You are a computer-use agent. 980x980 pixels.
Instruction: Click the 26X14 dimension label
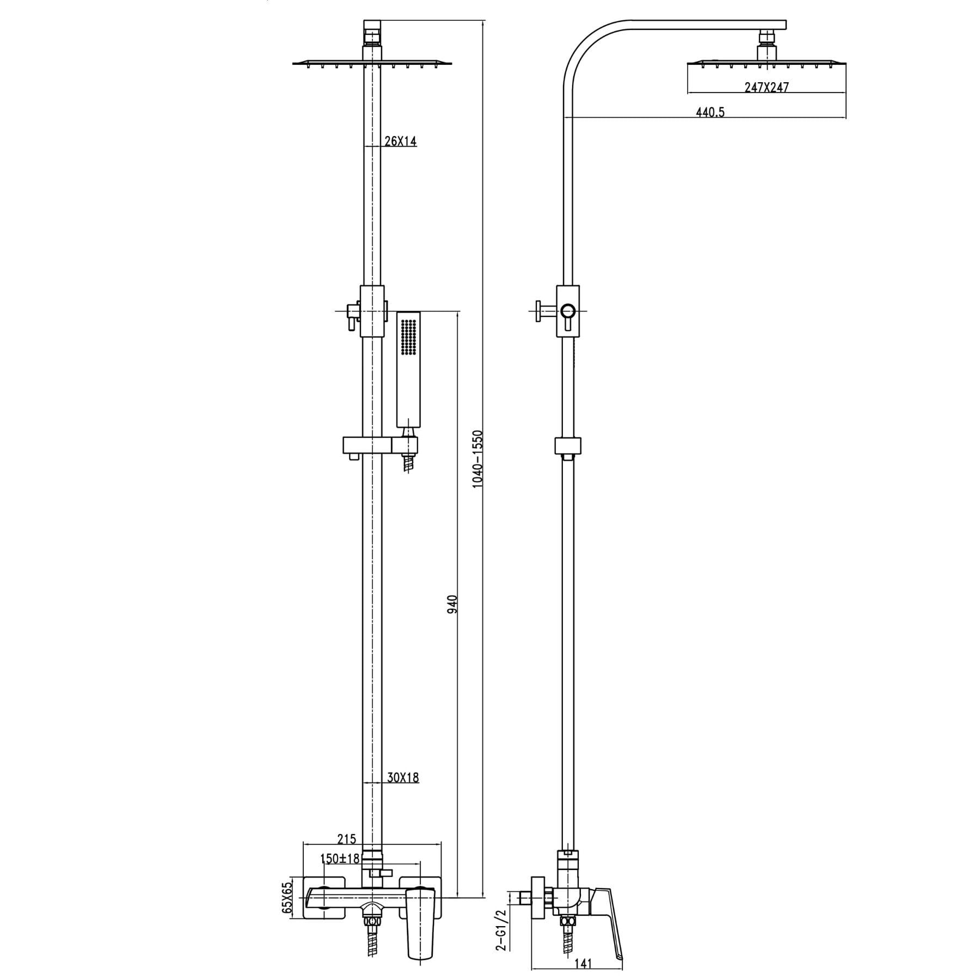point(400,142)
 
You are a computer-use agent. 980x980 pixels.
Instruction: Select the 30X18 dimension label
point(403,777)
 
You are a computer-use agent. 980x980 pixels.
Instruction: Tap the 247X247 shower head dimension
point(766,87)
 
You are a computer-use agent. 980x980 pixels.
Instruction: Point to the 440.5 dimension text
point(710,113)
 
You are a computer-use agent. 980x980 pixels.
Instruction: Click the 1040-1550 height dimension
point(477,459)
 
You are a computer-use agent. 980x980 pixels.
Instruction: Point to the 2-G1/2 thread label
point(501,929)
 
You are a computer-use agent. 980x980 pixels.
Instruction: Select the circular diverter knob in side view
point(568,311)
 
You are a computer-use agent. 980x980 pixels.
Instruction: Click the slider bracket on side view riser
point(568,445)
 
